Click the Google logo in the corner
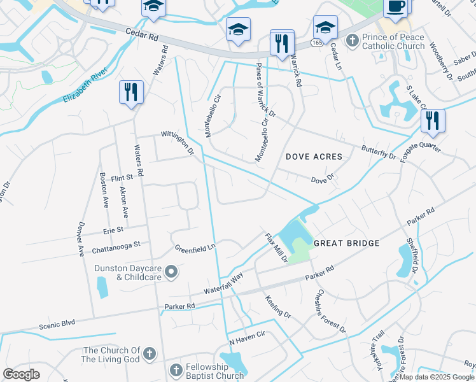[21, 374]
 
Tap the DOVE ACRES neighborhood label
[314, 157]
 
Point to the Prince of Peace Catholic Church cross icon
[352, 41]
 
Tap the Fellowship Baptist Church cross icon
[176, 370]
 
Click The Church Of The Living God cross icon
[150, 355]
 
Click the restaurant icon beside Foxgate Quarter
[433, 120]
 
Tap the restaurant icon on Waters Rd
[131, 92]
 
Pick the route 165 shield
[316, 41]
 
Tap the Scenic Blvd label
[57, 323]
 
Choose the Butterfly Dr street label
[378, 151]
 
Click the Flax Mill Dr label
[276, 247]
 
